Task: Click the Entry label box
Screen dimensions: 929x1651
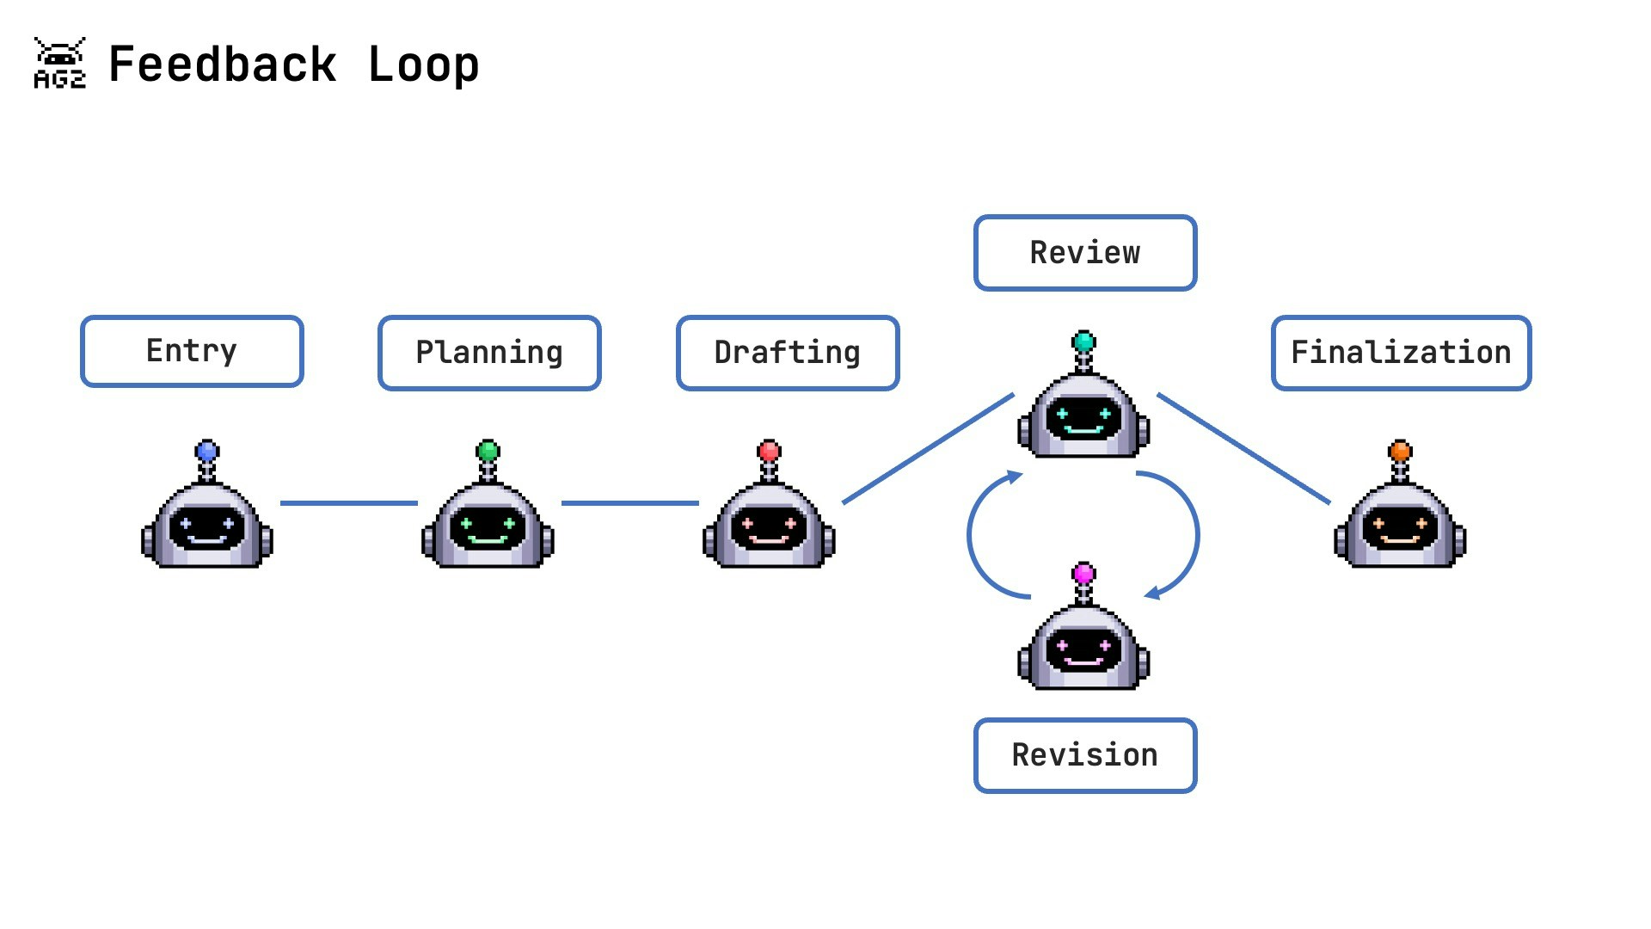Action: [x=192, y=351]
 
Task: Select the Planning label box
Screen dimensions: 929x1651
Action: [x=489, y=353]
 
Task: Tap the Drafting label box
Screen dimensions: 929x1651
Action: [x=788, y=353]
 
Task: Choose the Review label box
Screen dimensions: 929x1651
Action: [x=1085, y=253]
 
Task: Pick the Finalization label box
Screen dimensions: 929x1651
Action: [x=1401, y=353]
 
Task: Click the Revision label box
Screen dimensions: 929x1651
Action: [x=1085, y=755]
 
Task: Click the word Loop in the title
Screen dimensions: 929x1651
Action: [x=423, y=65]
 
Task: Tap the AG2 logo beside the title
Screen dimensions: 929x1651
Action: [x=59, y=63]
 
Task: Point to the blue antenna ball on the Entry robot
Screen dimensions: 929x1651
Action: [x=207, y=451]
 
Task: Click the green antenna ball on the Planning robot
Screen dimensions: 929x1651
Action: [x=488, y=451]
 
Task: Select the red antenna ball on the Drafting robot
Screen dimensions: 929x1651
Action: [x=769, y=451]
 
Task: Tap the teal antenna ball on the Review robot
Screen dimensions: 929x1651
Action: [x=1084, y=341]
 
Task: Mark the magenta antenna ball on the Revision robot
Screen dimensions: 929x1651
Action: [x=1084, y=573]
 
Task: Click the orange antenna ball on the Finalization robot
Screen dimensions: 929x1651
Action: [x=1400, y=451]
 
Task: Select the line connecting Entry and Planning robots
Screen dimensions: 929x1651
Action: [x=348, y=503]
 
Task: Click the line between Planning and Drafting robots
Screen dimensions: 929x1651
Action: [x=629, y=503]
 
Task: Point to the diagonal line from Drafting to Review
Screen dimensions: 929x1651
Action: [x=929, y=448]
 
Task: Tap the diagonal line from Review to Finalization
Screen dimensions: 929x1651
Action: [x=1243, y=448]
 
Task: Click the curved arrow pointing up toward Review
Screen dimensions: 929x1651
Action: [x=972, y=533]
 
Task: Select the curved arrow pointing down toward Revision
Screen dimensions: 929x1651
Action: [x=1195, y=533]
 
